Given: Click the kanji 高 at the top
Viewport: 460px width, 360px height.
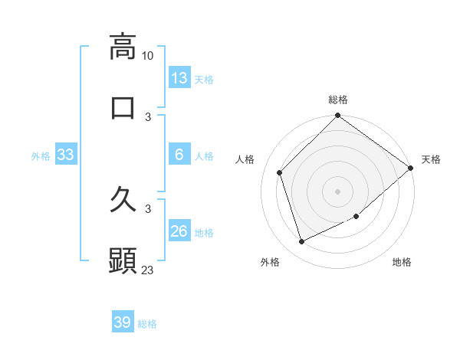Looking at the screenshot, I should (123, 46).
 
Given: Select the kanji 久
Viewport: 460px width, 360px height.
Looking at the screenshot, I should (123, 201).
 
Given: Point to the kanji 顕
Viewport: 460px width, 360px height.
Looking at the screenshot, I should (123, 261).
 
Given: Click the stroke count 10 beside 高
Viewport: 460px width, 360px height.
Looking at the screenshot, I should (148, 56).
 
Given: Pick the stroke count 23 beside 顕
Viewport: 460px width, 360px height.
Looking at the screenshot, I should (148, 270).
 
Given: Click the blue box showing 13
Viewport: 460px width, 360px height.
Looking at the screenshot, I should (179, 78).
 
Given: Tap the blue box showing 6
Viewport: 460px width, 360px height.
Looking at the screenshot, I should (179, 155).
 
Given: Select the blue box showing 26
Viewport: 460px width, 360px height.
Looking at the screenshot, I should (179, 231).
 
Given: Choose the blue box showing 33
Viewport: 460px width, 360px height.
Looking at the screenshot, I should (66, 155).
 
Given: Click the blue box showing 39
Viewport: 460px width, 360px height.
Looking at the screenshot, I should (123, 322).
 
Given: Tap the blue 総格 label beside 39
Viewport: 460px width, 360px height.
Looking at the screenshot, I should (148, 324).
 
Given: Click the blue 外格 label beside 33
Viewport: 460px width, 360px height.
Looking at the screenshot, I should (41, 155).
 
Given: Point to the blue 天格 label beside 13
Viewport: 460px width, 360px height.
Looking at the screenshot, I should (204, 79).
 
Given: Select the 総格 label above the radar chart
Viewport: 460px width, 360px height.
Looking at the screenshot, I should (338, 100).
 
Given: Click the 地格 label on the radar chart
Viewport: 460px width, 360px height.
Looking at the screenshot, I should (402, 262).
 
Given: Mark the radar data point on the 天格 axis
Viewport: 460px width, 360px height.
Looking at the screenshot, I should (411, 168).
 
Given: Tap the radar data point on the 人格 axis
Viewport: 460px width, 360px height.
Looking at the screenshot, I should (280, 172).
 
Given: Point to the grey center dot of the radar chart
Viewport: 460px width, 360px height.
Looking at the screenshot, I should (338, 191).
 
